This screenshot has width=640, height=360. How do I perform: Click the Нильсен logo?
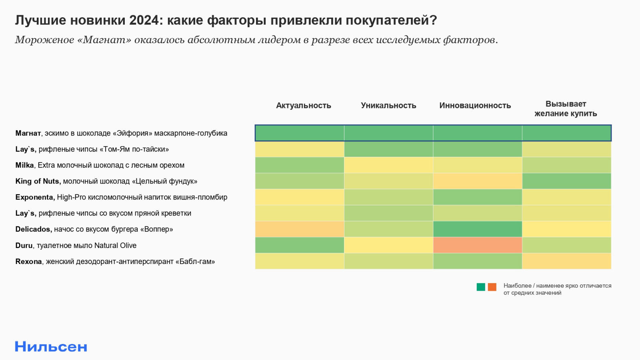[51, 346]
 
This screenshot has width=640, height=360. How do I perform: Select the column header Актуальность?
[303, 106]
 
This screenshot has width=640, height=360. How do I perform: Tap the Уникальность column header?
[388, 106]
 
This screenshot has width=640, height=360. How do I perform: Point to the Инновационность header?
[475, 106]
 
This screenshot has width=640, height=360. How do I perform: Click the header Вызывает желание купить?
[566, 109]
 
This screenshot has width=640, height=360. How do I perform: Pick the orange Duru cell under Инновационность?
[477, 245]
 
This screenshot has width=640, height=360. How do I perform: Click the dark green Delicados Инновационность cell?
[477, 229]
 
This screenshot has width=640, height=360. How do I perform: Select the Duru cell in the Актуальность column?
[300, 245]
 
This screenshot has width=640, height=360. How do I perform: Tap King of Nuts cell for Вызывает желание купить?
[566, 181]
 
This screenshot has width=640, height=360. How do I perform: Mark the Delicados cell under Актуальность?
[300, 229]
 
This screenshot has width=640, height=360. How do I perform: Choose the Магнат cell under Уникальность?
[388, 133]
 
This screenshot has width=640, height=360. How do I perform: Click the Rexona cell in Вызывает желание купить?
[566, 261]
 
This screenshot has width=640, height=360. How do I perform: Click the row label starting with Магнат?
[121, 133]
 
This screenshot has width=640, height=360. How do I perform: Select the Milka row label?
[100, 165]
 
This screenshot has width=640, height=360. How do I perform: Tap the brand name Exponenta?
[34, 197]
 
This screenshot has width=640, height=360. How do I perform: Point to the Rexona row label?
[115, 262]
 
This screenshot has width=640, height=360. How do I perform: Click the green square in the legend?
[481, 287]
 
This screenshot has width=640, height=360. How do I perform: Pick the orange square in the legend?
[492, 287]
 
